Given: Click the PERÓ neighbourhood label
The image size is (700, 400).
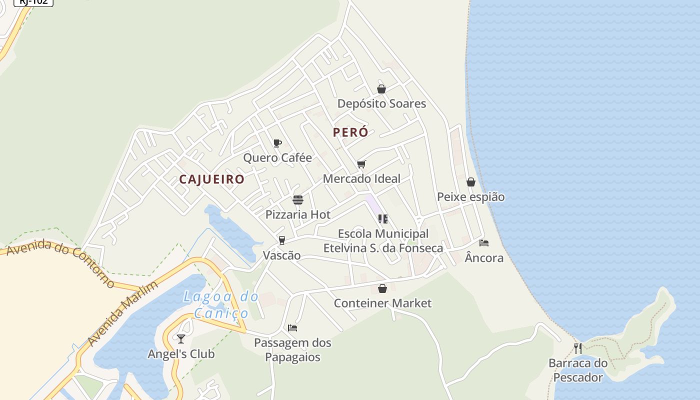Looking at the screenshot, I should point(350,132).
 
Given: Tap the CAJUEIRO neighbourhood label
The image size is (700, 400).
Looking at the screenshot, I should point(212,179).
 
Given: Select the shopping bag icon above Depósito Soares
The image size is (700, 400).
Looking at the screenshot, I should point(381,89).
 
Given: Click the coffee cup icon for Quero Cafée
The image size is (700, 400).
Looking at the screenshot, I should point(277,143).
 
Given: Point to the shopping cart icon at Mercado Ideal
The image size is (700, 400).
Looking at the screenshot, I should point(361,164).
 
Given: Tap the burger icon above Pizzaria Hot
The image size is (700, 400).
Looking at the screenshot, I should point(298,200).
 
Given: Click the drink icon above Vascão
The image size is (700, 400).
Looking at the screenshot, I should point(282,240).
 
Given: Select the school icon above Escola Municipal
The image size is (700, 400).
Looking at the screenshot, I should point(383,218).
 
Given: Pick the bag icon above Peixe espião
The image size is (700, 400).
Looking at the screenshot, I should point(471,182).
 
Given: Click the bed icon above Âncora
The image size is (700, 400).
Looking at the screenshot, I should point(484,243).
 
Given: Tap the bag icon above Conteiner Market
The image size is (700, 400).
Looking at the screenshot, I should point(382,288).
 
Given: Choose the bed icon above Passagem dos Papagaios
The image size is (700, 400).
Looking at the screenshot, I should point(292,328).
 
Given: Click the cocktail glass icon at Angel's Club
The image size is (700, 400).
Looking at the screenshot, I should point(181,339).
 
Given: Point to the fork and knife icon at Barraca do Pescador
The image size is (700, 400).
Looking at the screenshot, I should point(578,348).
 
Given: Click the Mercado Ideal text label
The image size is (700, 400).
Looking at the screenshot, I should point(361,178).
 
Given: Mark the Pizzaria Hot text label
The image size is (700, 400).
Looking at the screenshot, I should point(298,214).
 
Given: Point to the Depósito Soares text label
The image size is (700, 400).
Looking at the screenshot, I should point(381,103).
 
